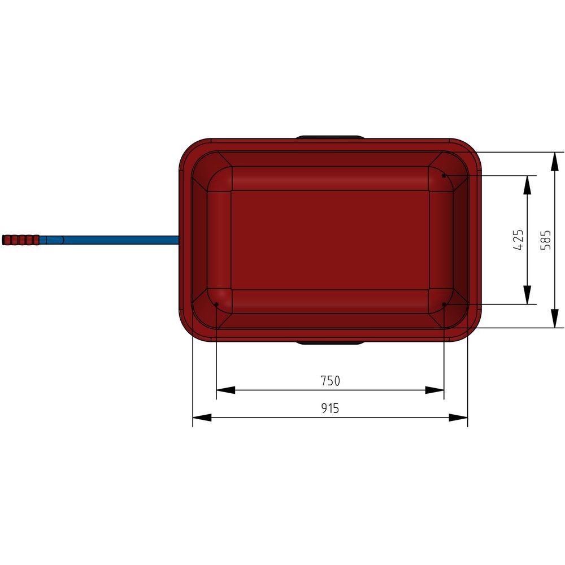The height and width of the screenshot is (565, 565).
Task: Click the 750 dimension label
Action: coord(330,380)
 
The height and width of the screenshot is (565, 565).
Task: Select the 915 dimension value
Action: coord(330,408)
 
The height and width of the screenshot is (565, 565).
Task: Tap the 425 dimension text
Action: coord(518,240)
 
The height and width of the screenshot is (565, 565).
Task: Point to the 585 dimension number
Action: coord(546,240)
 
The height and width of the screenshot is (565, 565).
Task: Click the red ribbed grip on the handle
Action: coord(20,240)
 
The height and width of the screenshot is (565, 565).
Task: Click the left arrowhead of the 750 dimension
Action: coord(225,390)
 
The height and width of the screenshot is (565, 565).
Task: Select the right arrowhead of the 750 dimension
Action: coord(434,390)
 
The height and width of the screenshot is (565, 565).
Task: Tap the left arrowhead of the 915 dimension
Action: coord(202,418)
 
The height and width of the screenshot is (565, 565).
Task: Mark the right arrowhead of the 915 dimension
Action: coord(458,418)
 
